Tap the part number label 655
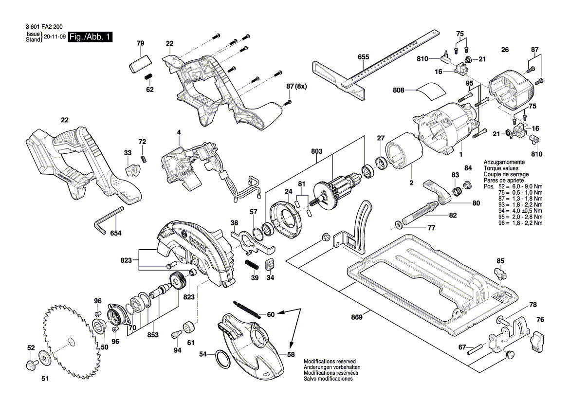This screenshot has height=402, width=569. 363,57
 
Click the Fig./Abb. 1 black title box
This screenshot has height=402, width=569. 91,37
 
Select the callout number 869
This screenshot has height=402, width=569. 357,318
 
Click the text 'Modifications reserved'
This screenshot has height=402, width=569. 330,362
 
